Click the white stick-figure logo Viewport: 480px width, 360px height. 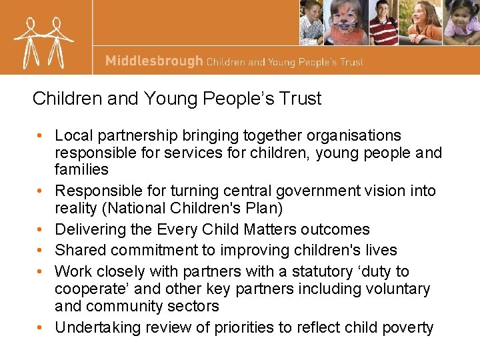[43, 40]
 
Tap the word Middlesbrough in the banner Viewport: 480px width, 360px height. [154, 61]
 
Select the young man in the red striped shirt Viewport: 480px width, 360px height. [383, 23]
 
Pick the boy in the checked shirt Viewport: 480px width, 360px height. [312, 23]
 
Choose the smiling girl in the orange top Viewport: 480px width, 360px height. [423, 23]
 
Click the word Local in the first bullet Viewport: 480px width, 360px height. [73, 136]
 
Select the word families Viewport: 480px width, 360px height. [81, 170]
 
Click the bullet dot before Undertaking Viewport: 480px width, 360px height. [41, 328]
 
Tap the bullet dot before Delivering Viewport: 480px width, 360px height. [41, 230]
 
